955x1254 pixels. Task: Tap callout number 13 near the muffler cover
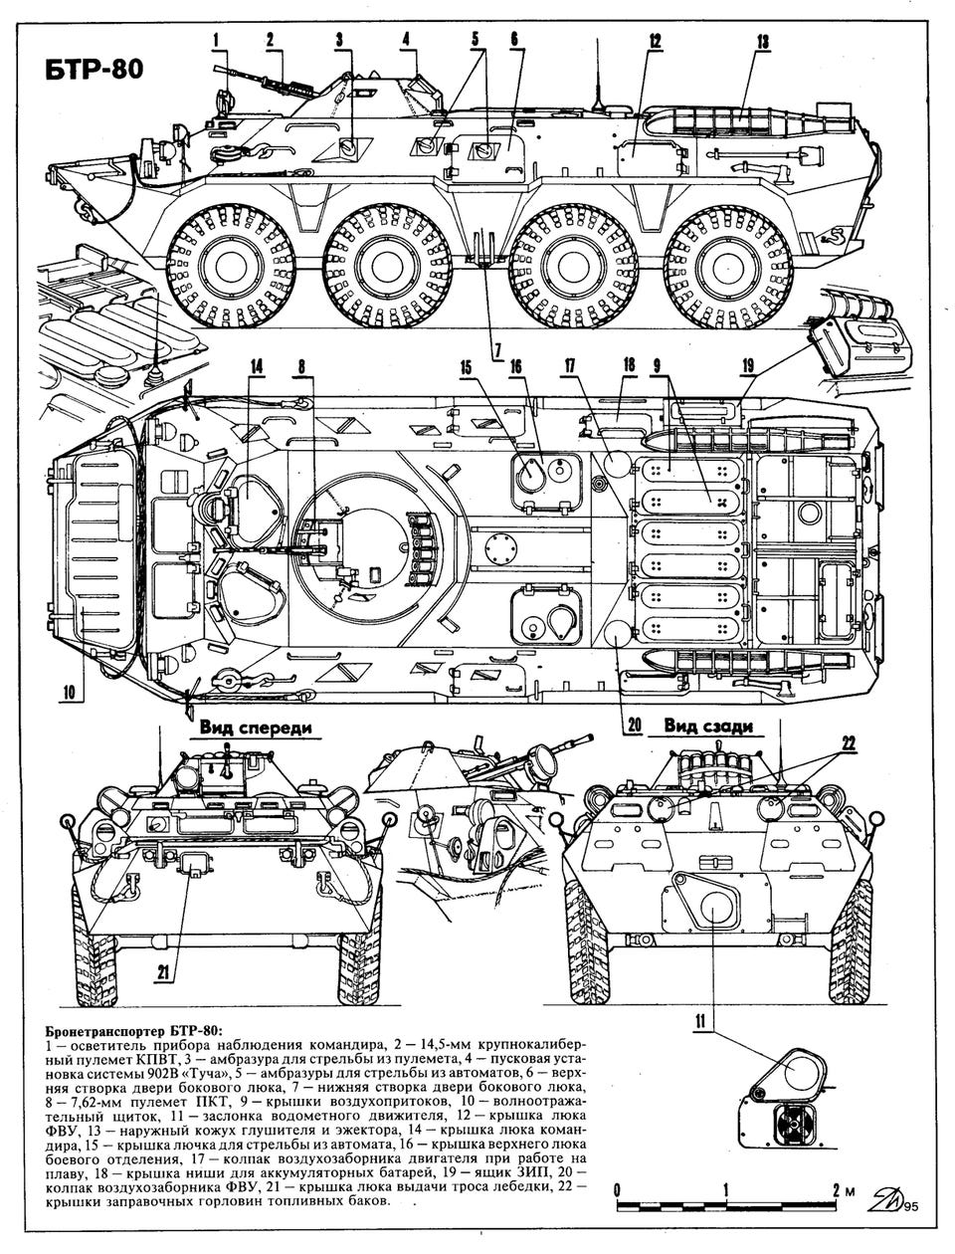[761, 41]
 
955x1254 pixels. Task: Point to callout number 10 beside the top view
[70, 691]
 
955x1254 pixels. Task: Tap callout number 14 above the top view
[257, 365]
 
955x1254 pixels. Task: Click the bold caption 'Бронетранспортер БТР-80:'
[134, 1029]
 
